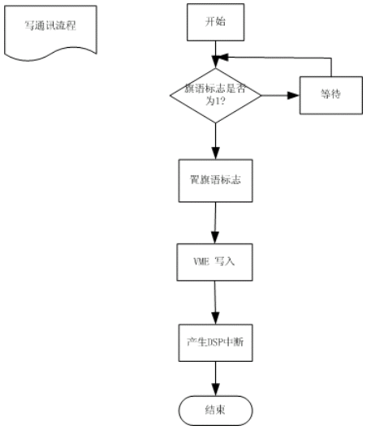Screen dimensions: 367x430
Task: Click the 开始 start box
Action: click(215, 22)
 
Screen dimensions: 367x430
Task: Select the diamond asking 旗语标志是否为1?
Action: click(215, 96)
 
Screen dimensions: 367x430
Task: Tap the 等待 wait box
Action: click(330, 95)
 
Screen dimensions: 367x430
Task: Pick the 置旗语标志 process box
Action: click(215, 181)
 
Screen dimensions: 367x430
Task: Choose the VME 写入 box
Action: click(214, 262)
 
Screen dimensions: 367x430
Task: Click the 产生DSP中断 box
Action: click(215, 343)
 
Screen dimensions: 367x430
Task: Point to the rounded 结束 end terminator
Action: click(215, 411)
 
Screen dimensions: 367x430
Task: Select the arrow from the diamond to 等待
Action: click(280, 96)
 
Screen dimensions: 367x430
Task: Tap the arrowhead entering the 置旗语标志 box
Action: click(216, 153)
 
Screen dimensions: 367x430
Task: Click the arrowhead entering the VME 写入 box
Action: click(214, 238)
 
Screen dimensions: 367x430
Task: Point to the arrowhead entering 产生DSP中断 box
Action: click(216, 318)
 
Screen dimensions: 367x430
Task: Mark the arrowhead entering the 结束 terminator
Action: click(216, 390)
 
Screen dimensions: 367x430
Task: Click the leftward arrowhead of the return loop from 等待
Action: click(223, 58)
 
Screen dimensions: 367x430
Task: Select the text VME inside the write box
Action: click(201, 262)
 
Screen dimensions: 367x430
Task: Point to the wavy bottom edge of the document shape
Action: click(50, 54)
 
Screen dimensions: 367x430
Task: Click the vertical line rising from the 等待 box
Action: click(331, 67)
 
